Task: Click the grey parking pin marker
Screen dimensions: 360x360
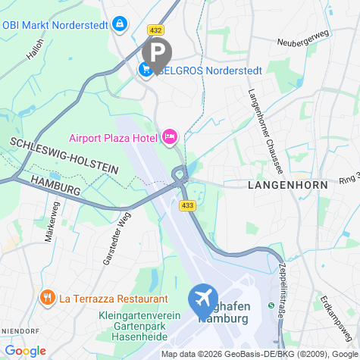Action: pos(157,53)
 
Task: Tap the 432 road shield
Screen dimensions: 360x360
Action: pos(156,30)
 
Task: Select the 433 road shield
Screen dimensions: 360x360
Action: pos(186,205)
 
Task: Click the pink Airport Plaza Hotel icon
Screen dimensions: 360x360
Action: pos(169,137)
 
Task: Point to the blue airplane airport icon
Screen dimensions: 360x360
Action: pos(203,298)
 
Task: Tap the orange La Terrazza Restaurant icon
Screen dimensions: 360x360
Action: pos(48,296)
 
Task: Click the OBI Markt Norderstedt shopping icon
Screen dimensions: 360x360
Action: pos(118,24)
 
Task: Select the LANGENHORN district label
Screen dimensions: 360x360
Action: pos(288,185)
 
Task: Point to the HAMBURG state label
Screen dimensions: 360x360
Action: pos(56,184)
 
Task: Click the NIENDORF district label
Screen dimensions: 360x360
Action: pos(17,331)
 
